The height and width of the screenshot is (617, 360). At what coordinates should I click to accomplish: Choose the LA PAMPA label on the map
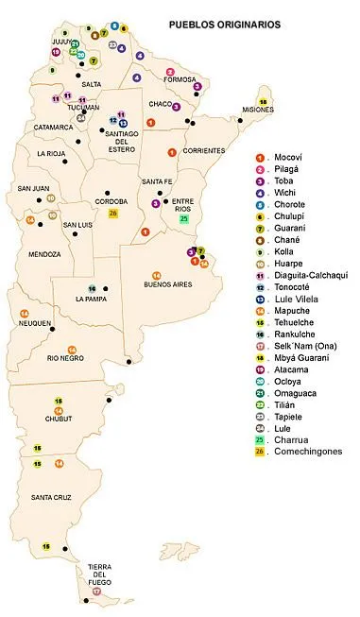94,299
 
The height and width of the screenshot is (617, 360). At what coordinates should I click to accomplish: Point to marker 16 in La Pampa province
92,288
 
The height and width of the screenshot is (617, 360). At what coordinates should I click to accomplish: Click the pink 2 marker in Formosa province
170,72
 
